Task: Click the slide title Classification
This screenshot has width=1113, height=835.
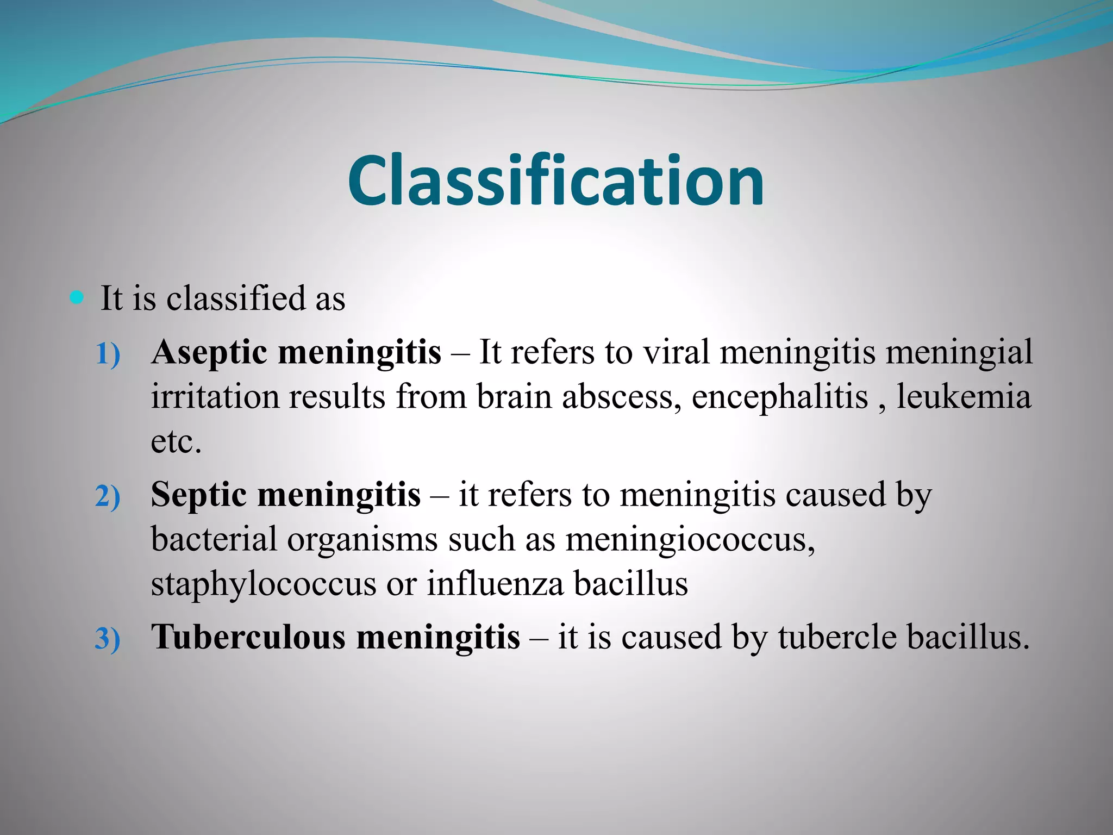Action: (556, 180)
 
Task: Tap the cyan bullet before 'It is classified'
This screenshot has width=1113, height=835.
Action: (77, 297)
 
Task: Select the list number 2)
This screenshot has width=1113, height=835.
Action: (108, 497)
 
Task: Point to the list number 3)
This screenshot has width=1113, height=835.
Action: (108, 639)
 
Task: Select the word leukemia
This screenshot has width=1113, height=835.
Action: (964, 397)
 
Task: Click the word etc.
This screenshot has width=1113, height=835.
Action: (176, 441)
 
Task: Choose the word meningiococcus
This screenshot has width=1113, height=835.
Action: (690, 540)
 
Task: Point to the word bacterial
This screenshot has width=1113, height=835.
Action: (214, 539)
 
